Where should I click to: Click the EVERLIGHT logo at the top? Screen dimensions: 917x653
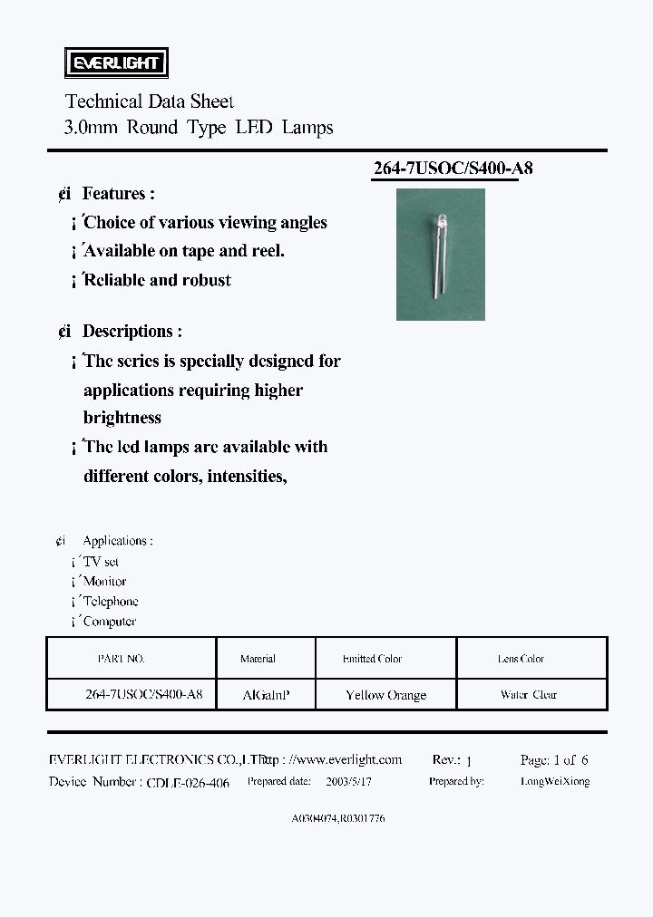115,63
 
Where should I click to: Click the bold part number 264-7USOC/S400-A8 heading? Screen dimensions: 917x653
445,169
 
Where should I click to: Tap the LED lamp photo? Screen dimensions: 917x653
441,255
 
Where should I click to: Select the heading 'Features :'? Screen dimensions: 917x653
118,194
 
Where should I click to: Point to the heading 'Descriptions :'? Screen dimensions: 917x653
132,332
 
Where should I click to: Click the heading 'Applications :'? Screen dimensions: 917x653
118,541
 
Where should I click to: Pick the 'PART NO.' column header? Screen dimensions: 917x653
121,659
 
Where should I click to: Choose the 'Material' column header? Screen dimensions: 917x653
258,659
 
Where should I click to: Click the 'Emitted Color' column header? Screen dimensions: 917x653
372,659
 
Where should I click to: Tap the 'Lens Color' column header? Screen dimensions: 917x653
521,659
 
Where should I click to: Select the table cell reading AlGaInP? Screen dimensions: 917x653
267,695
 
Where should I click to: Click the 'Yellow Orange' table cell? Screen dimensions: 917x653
385,695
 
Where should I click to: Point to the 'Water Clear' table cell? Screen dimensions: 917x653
529,695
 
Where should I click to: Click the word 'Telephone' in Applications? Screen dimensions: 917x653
111,602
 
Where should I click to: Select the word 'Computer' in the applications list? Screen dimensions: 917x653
110,622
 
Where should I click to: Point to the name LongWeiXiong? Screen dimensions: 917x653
555,781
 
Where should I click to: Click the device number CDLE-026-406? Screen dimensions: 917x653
188,782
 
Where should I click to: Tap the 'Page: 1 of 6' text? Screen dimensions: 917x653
554,760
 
